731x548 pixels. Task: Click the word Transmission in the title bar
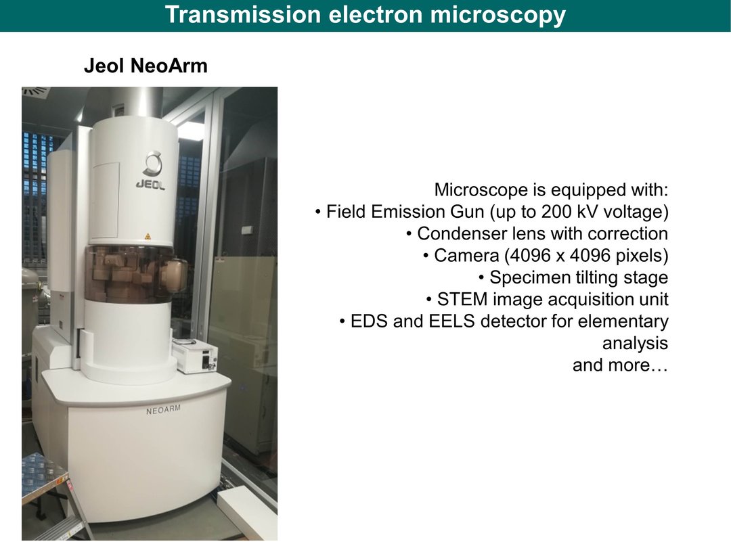(x=243, y=14)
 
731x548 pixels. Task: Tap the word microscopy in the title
(x=498, y=16)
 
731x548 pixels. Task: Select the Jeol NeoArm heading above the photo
(x=146, y=66)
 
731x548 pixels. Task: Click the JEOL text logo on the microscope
(x=150, y=185)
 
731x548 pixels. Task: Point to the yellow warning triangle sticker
(x=148, y=236)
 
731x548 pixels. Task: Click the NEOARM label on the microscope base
(x=163, y=409)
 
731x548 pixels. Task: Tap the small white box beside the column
(x=195, y=356)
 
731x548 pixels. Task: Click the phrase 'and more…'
(x=620, y=365)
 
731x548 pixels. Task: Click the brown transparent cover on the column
(x=135, y=274)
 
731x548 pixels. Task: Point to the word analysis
(x=635, y=344)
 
